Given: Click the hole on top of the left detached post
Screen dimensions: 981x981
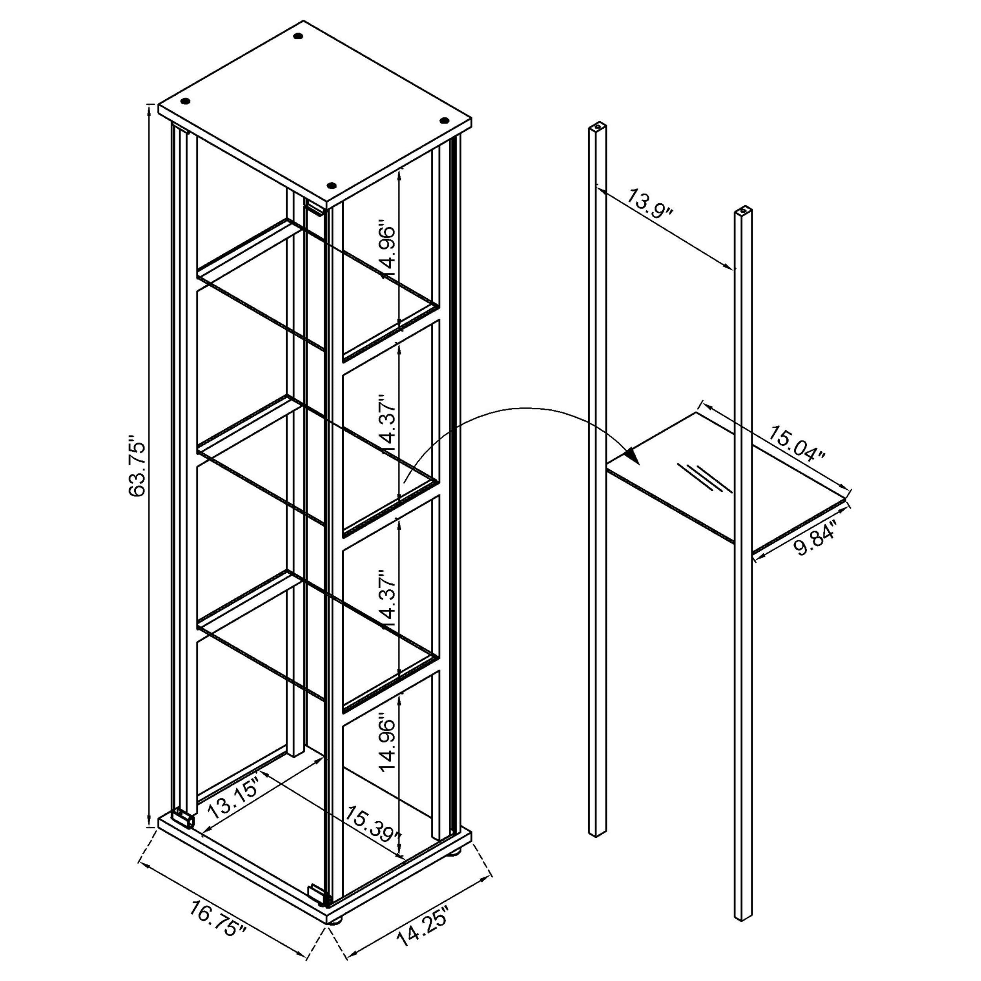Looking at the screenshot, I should coord(598,124).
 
